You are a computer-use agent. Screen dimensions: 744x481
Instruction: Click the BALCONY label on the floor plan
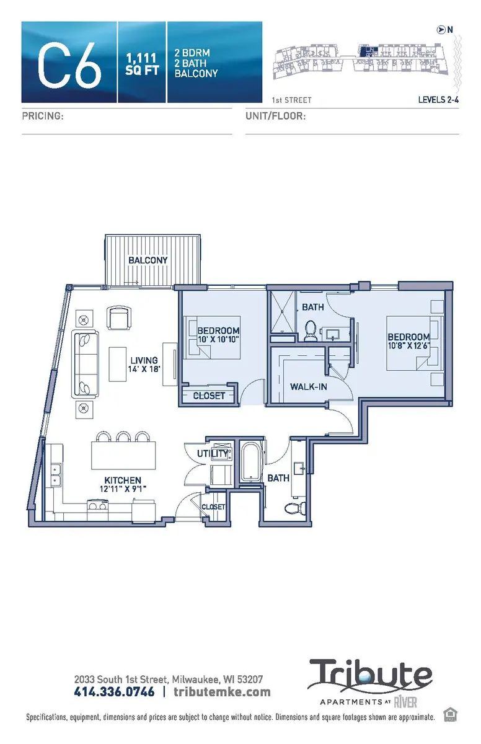pyautogui.click(x=148, y=260)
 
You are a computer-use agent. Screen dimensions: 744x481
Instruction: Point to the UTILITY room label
pyautogui.click(x=212, y=454)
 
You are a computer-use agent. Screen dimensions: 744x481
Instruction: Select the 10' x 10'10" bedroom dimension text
pyautogui.click(x=218, y=339)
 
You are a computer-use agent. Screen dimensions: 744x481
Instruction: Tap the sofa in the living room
pyautogui.click(x=85, y=363)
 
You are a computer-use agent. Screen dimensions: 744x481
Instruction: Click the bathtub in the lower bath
pyautogui.click(x=251, y=464)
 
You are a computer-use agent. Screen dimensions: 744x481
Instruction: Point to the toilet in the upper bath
pyautogui.click(x=311, y=331)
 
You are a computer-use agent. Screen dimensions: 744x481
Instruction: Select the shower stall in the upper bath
pyautogui.click(x=285, y=314)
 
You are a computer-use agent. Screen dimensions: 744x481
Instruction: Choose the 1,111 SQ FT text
pyautogui.click(x=142, y=63)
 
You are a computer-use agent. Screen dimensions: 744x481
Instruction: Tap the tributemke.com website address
pyautogui.click(x=222, y=692)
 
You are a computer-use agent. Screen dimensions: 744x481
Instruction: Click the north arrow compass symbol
pyautogui.click(x=441, y=29)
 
